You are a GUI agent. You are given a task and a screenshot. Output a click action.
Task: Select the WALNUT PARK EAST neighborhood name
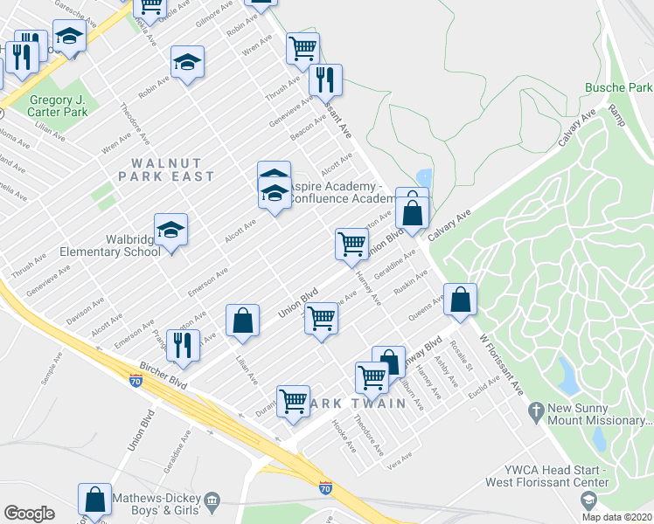pyautogui.click(x=172, y=169)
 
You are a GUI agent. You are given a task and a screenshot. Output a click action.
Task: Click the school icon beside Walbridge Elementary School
pyautogui.click(x=171, y=230)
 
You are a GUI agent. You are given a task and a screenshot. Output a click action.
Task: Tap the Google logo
pyautogui.click(x=29, y=514)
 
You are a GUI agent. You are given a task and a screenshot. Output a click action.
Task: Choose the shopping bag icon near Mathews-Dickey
pyautogui.click(x=94, y=500)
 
